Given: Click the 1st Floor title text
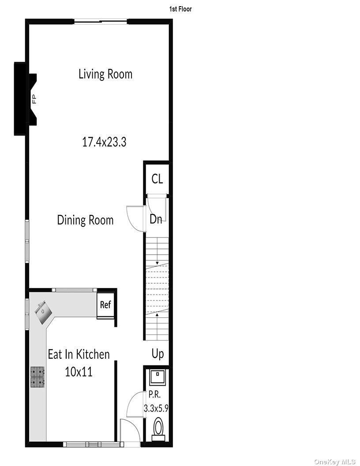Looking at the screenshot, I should coord(180,9).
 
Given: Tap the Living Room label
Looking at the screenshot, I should coord(105,74).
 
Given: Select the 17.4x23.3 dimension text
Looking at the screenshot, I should coord(105,142).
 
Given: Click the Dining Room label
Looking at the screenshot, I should coord(85,220).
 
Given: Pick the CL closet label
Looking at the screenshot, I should coord(157,179).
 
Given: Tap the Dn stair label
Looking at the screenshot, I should coord(156,219).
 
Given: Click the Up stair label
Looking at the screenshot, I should coord(157,353).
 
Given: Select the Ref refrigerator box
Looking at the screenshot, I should coord(105,304).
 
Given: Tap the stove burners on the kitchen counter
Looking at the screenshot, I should coord(37,377).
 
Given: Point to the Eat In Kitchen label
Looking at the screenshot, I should coord(79,354).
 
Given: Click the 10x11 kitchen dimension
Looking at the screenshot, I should coord(79,372).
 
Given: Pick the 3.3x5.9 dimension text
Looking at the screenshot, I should coord(156,409).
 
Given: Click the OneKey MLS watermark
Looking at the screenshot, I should coord(334,461).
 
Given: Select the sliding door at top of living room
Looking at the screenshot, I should coord(101,21).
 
